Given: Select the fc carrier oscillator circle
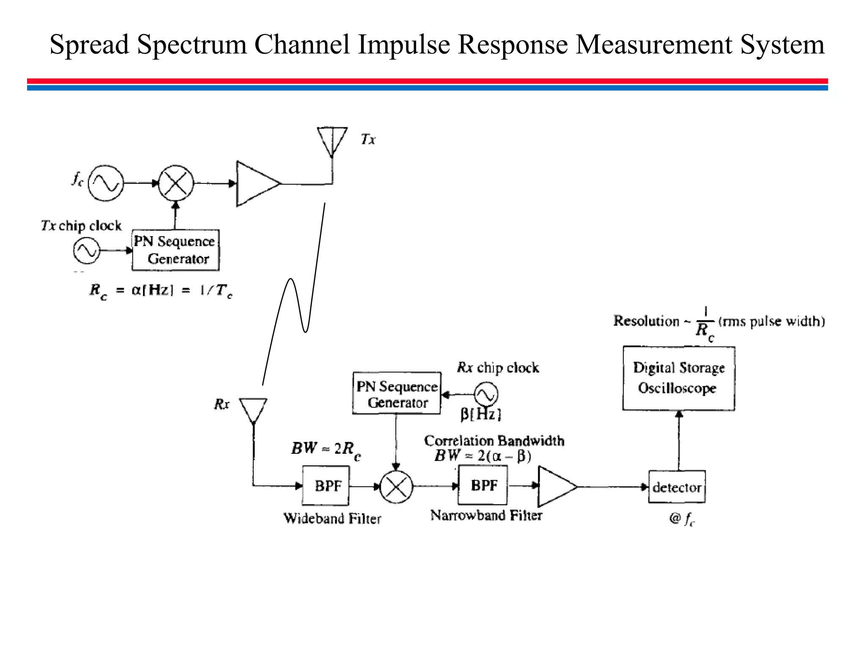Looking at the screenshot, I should pos(106,183).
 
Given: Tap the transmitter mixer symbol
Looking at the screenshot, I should pos(176,183).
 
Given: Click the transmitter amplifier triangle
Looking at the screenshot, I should pos(256,184).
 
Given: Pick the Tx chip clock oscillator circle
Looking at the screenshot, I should pos(87,250).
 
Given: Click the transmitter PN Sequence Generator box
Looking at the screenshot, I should pos(175,250).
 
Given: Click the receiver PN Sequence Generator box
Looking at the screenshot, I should pos(397,393).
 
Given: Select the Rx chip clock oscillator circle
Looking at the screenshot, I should pos(485,394).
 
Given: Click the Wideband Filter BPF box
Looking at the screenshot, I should pos(326,486).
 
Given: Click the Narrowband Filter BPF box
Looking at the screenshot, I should pos(483,485).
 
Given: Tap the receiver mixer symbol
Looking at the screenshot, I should pos(396,487).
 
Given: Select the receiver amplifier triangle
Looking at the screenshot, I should pos(555,487).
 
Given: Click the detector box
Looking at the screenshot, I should pos(677,487).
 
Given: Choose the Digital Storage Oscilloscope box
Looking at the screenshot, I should pos(679,378).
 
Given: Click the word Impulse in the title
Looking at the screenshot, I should pos(404,44).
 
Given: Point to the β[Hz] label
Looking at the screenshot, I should pos(481,414).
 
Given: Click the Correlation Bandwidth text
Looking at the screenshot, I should pos(494,441).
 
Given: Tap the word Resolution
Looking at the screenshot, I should pos(646,321).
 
